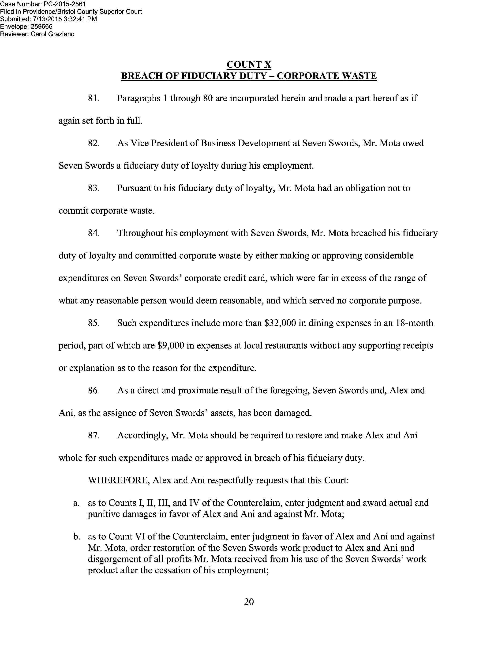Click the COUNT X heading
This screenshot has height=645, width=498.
tap(249, 64)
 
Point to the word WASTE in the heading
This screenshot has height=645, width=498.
tap(359, 76)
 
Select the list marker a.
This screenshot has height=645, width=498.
tap(76, 503)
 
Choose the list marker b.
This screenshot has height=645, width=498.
tap(76, 537)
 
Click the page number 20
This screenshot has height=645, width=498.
tap(249, 602)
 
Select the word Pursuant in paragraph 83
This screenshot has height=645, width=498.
tap(133, 188)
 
